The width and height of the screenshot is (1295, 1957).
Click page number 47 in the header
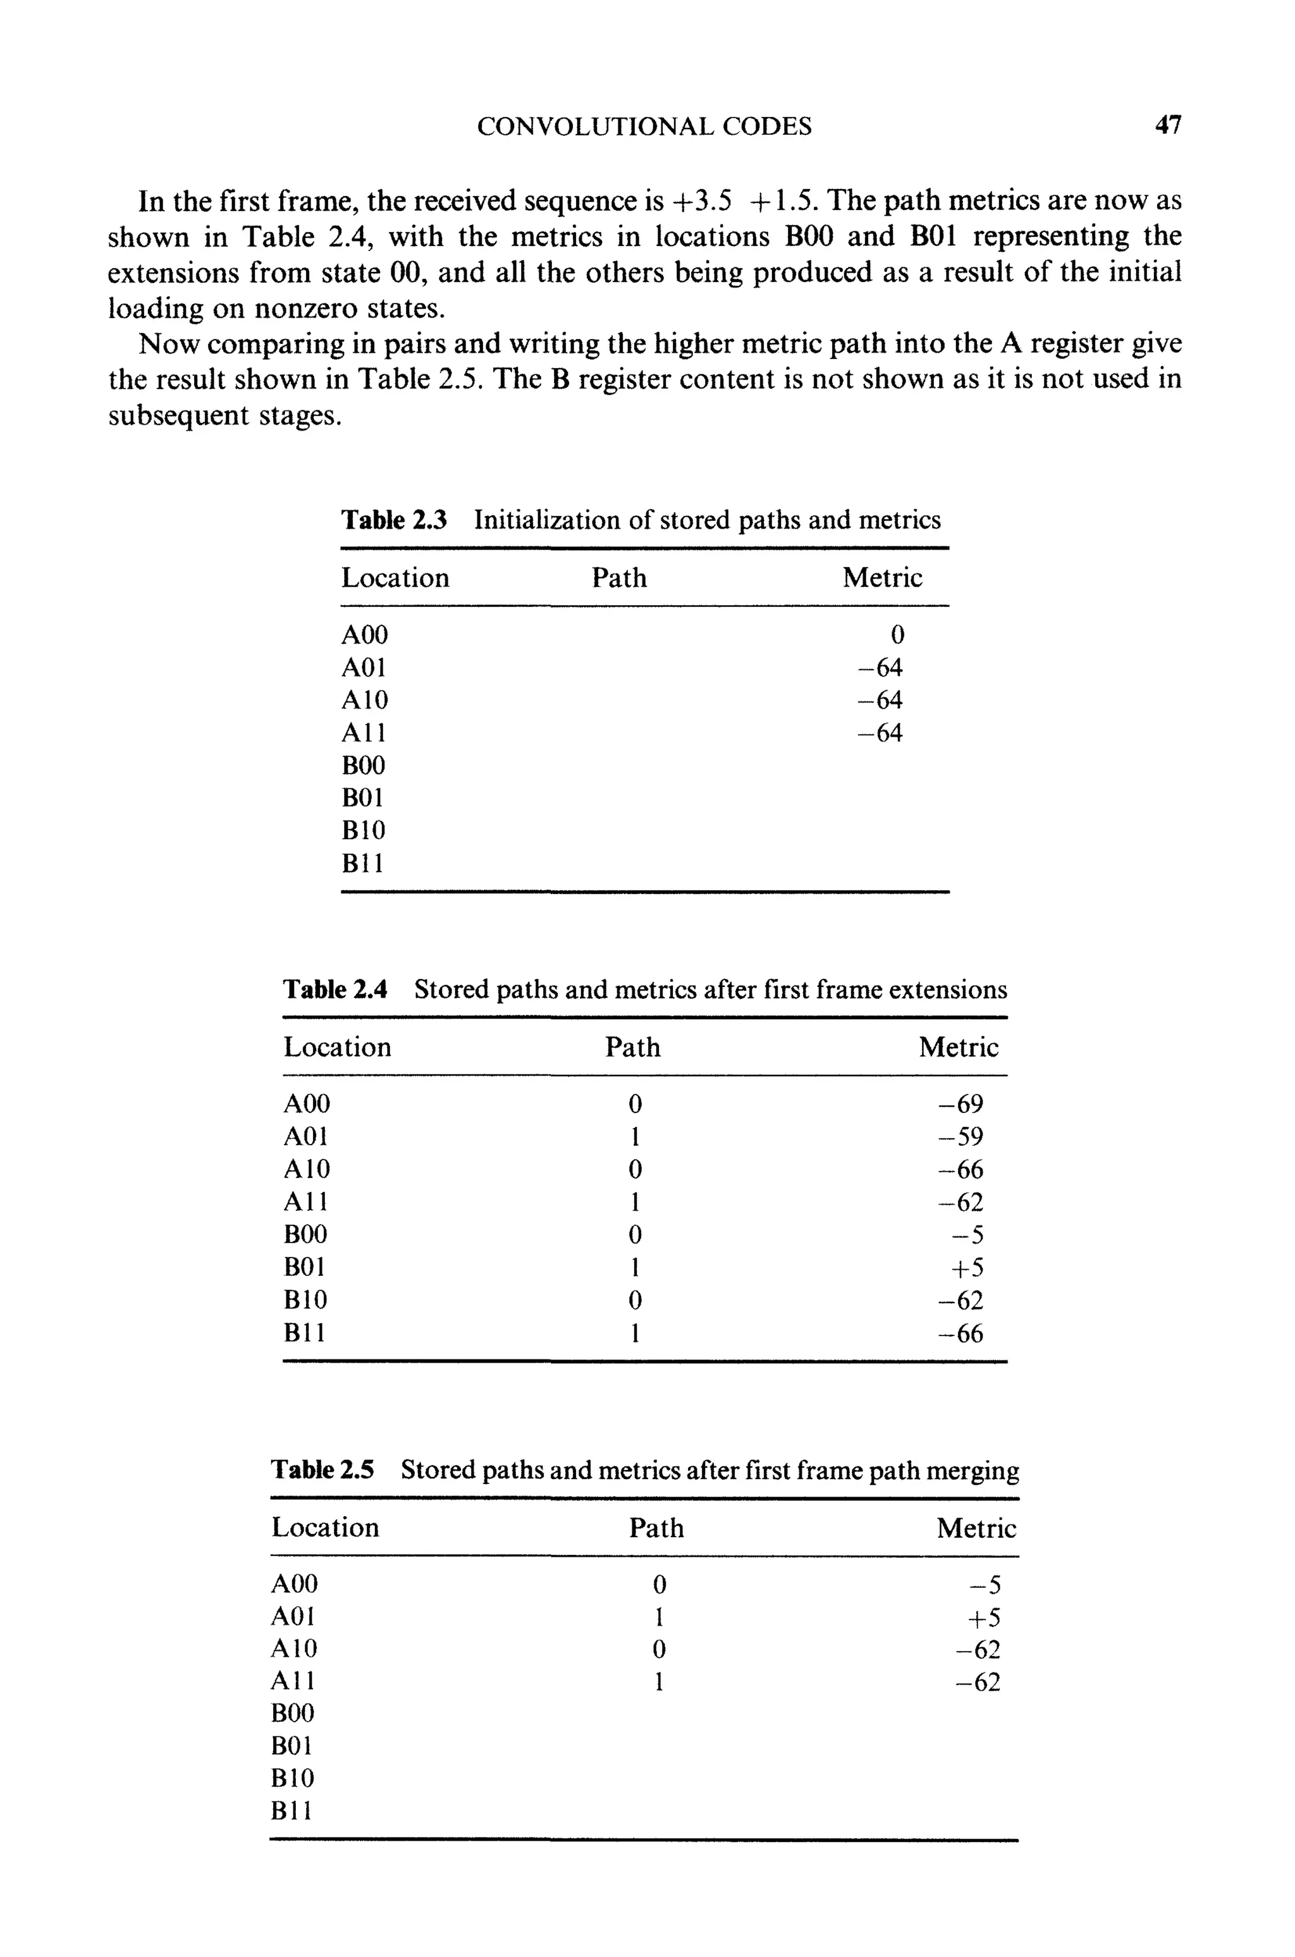click(x=1168, y=125)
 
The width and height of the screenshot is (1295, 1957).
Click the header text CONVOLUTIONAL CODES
click(x=644, y=126)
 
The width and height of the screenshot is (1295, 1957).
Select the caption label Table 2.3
click(x=394, y=520)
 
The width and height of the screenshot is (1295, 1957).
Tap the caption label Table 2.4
click(x=335, y=989)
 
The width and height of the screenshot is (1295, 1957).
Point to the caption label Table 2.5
click(x=322, y=1470)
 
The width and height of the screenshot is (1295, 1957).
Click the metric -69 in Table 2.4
click(x=961, y=1104)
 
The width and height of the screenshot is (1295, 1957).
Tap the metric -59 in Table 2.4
click(x=961, y=1137)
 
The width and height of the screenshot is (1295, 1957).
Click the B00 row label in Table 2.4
click(x=305, y=1234)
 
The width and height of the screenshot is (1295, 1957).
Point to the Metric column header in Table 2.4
click(x=958, y=1047)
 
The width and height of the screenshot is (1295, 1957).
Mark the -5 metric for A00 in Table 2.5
click(x=984, y=1585)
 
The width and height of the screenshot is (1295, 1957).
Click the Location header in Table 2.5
click(x=326, y=1528)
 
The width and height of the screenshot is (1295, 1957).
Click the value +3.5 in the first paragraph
click(x=702, y=200)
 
